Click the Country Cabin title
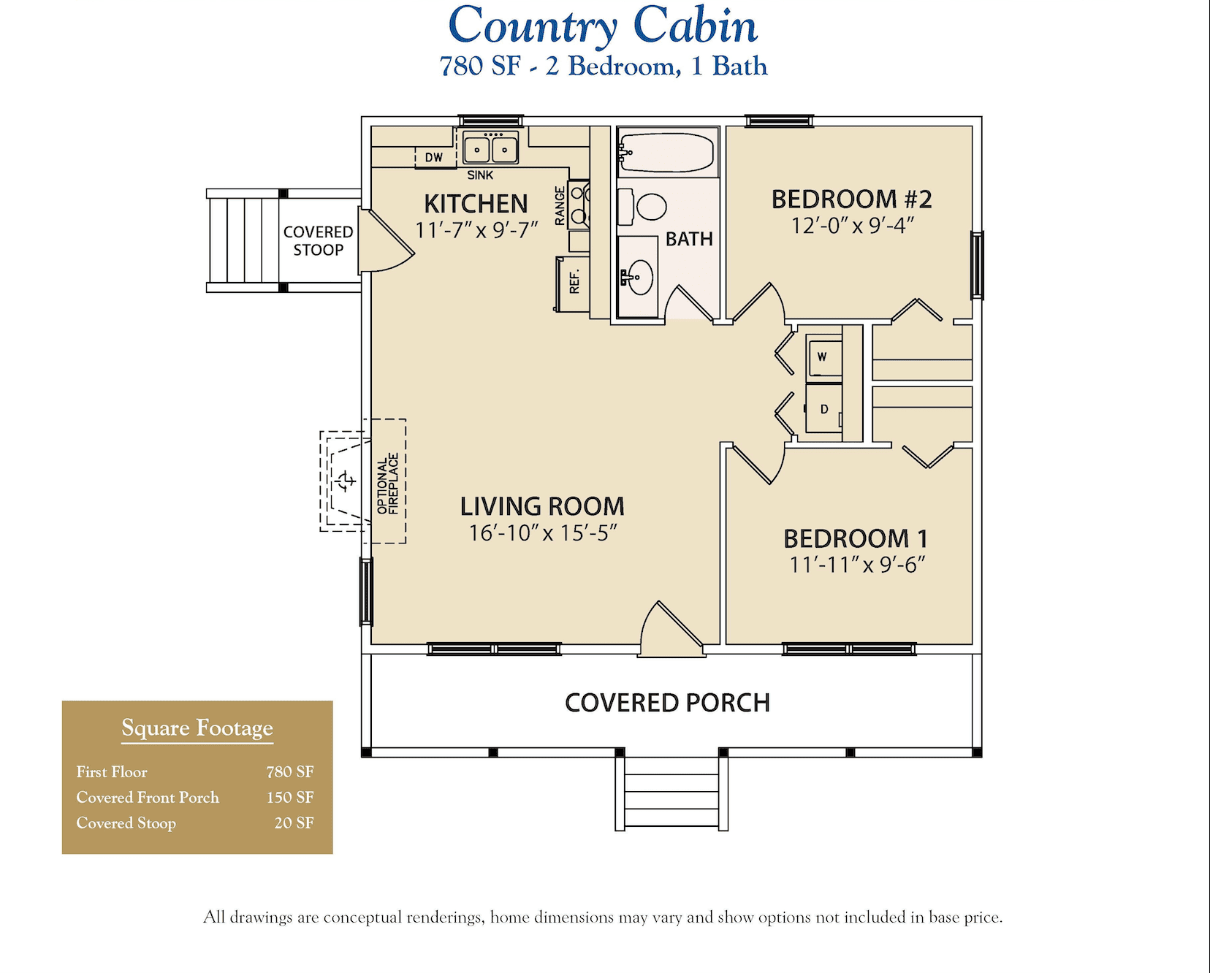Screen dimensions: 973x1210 click(x=603, y=26)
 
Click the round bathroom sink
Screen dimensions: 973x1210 click(x=641, y=277)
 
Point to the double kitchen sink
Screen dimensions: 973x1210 click(x=490, y=149)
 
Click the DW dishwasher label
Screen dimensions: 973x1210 click(x=434, y=157)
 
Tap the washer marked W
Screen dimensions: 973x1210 click(x=823, y=357)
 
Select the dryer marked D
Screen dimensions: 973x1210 click(x=824, y=409)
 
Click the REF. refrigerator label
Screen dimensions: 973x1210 click(x=574, y=282)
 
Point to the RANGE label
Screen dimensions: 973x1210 click(x=560, y=206)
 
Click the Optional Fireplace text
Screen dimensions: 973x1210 click(x=388, y=484)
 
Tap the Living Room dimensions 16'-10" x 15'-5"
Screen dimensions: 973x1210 click(x=542, y=533)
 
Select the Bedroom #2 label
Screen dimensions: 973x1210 click(x=851, y=199)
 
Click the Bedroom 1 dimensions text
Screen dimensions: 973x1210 click(x=856, y=565)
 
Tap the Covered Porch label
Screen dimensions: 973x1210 click(x=667, y=703)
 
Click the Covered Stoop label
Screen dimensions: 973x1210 click(x=318, y=241)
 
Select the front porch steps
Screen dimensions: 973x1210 click(x=671, y=793)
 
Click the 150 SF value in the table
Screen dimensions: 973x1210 click(x=290, y=798)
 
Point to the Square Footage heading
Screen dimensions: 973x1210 click(x=197, y=728)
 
